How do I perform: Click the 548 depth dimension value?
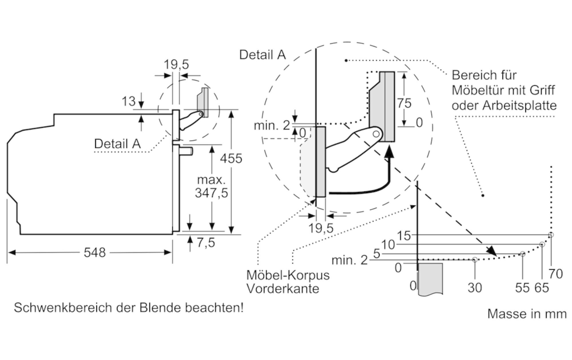pos(95,252)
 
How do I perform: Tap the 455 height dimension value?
pos(231,158)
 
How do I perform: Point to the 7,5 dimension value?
pos(206,243)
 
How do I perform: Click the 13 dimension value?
pos(128,101)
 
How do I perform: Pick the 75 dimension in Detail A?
pos(404,103)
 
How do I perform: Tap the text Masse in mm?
pos(527,314)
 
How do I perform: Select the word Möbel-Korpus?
pos(288,275)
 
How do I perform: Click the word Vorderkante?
pos(283,288)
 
